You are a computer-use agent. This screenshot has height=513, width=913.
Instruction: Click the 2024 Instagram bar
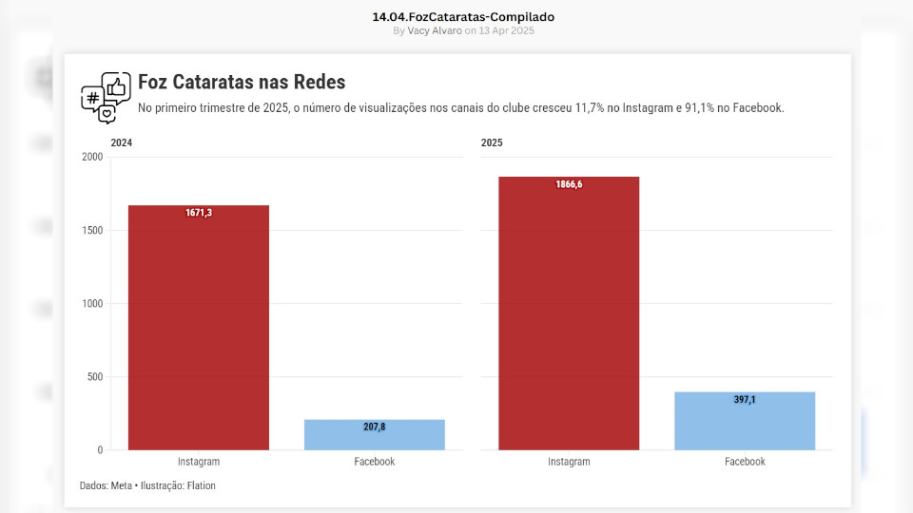tap(199, 328)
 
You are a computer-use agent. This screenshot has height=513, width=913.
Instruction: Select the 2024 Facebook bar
tap(375, 435)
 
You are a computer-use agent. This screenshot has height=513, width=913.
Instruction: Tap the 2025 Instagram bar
tap(569, 313)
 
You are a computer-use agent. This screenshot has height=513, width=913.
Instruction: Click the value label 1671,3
tap(199, 213)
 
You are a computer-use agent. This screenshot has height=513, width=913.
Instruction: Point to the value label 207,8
tap(375, 427)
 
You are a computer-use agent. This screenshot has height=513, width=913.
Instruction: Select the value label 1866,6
tap(569, 184)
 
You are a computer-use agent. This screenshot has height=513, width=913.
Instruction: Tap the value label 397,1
tap(745, 400)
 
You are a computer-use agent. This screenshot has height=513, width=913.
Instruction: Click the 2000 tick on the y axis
tap(92, 157)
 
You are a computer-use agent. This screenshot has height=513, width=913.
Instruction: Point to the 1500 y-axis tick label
tap(92, 230)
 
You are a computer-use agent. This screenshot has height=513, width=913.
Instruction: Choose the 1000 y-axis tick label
tap(92, 304)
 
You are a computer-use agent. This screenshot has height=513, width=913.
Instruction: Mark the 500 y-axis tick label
tap(95, 377)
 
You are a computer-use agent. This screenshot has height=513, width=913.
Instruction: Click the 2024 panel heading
tap(122, 142)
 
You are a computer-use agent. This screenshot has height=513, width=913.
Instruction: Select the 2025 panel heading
tap(492, 142)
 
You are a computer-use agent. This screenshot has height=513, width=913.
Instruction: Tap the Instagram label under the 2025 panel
tap(569, 462)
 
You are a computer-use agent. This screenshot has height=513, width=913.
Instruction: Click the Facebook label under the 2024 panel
tap(375, 462)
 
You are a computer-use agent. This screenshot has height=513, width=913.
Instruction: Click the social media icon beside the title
tap(106, 97)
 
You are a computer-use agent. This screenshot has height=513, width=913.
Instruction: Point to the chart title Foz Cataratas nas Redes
tap(242, 83)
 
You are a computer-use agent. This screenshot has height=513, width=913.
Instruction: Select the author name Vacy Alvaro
tap(435, 30)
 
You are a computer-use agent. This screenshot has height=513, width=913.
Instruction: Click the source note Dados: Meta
tap(106, 485)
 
